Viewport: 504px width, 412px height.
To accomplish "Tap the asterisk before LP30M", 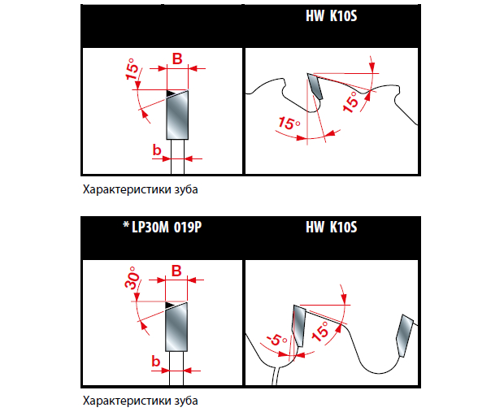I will [126, 228].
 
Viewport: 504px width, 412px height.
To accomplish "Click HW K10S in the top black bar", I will [333, 15].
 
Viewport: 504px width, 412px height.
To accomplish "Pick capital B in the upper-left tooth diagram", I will [176, 59].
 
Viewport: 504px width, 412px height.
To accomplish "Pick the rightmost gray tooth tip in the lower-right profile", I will [403, 335].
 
